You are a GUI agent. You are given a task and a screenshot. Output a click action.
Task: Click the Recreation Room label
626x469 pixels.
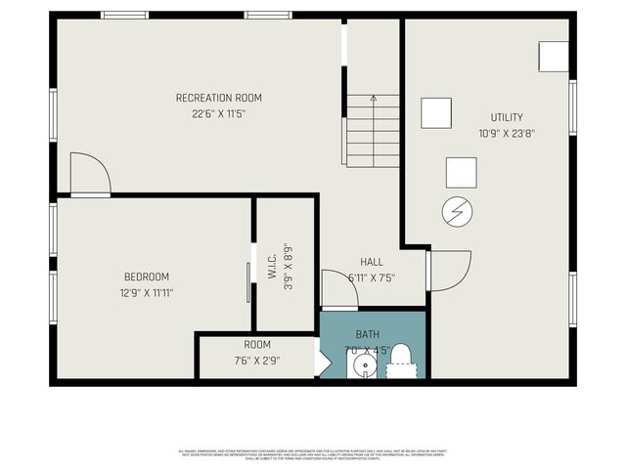pos(218,98)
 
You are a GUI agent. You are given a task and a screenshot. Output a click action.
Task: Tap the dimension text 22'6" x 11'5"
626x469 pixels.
pos(218,113)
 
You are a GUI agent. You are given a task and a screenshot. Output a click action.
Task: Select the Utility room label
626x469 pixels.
pos(507,117)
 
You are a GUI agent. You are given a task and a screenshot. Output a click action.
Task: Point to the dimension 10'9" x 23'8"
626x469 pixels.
pos(507,133)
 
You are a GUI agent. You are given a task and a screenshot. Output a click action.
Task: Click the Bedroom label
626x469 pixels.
pos(146,277)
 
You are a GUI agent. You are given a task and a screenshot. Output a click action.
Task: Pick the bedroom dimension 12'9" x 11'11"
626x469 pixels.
pos(146,291)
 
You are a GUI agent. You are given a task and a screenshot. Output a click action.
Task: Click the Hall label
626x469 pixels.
pos(372,262)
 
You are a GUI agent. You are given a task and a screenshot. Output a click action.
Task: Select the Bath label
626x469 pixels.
pos(367,334)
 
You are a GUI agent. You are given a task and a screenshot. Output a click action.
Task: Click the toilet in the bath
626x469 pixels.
pos(403,362)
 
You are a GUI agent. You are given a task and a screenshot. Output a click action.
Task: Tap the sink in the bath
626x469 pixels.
pos(363,367)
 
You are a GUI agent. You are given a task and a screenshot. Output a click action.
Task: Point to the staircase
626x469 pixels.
pos(373,131)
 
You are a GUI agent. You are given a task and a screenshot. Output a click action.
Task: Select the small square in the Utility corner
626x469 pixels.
pos(554,56)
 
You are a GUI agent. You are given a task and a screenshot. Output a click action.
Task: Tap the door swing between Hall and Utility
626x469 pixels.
pos(448,271)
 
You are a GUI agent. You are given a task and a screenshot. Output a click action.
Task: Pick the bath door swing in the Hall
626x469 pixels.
pos(339,289)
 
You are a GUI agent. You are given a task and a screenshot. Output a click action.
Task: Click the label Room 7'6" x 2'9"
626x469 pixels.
pos(257,352)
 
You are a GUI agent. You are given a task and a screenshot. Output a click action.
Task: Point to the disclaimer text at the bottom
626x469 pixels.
pos(313,453)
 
